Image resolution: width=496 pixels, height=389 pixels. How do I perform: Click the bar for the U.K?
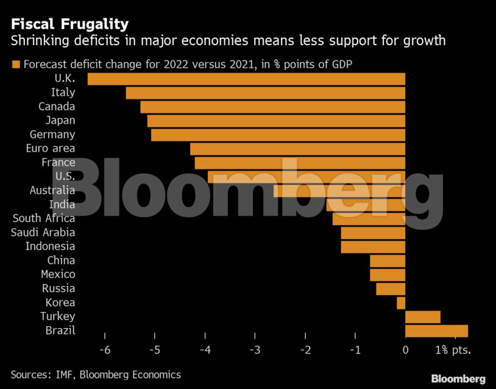click(x=246, y=79)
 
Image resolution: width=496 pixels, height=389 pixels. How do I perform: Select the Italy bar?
click(x=265, y=93)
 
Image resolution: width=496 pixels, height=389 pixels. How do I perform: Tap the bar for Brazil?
click(x=436, y=330)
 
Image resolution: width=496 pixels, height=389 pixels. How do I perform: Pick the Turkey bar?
click(x=422, y=316)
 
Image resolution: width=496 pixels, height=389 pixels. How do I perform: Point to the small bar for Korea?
click(x=401, y=302)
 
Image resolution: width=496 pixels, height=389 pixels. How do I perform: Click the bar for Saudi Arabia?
click(x=373, y=233)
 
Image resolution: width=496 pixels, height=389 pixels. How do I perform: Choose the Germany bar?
click(x=278, y=135)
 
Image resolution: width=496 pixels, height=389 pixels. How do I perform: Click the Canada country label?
click(x=57, y=107)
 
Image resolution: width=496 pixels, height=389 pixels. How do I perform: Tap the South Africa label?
click(x=44, y=218)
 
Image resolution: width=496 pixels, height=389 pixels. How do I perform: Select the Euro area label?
click(x=51, y=148)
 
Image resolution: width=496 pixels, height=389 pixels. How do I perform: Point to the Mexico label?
click(x=58, y=274)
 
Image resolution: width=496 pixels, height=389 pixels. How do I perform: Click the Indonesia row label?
click(x=50, y=246)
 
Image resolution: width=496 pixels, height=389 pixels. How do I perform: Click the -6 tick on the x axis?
click(x=105, y=351)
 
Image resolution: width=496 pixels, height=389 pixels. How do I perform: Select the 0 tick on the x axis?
click(x=405, y=351)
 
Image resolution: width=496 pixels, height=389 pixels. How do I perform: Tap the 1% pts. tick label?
click(x=453, y=351)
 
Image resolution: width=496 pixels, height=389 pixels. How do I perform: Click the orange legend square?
click(x=16, y=64)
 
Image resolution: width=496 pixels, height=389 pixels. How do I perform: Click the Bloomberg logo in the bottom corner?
click(x=458, y=379)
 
